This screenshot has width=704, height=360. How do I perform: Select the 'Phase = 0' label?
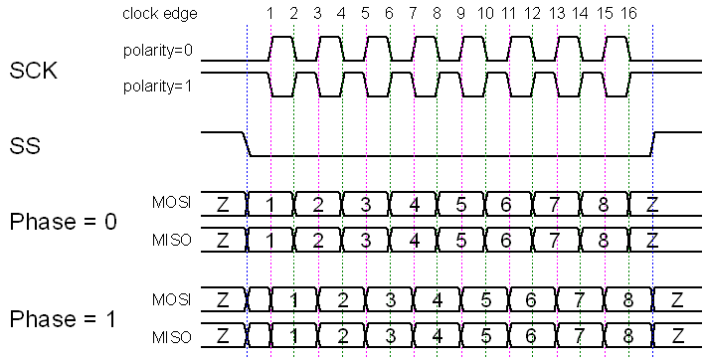(63, 222)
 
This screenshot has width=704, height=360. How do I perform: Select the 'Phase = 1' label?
(63, 319)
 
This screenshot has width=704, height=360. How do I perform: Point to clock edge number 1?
(269, 14)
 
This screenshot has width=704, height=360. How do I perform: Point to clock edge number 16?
(628, 14)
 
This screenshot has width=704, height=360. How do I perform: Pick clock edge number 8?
(437, 14)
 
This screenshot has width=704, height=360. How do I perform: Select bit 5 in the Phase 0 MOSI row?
(460, 205)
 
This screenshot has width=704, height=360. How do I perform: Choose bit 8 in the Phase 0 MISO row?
(604, 240)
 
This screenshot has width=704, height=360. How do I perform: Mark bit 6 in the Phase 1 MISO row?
(532, 335)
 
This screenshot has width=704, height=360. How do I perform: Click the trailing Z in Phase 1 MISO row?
(676, 335)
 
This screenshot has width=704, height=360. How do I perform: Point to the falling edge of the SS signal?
(248, 144)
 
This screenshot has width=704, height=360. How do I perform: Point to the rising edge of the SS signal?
(653, 144)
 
